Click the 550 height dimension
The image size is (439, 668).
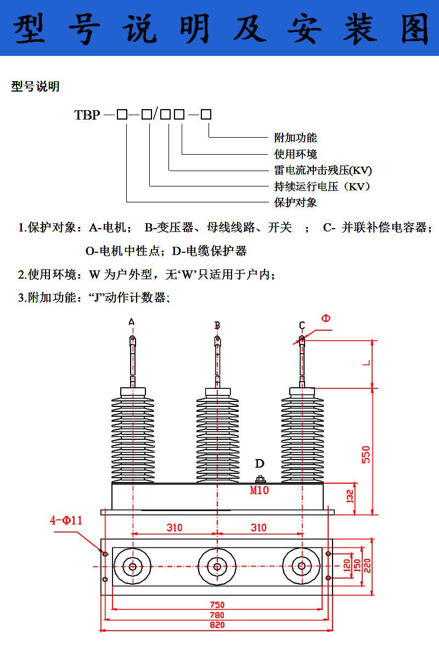[367, 454]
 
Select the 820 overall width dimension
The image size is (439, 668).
[217, 625]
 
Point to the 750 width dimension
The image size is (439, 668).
[217, 605]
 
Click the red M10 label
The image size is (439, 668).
[260, 490]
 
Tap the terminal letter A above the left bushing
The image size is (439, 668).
[131, 322]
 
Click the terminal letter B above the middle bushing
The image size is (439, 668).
[217, 326]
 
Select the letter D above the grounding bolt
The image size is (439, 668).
[260, 464]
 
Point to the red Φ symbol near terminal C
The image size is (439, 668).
[326, 318]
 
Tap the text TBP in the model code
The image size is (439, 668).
[87, 115]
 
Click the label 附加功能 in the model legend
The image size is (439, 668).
[296, 138]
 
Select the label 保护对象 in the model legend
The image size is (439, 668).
[296, 202]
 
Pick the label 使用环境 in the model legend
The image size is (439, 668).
[296, 154]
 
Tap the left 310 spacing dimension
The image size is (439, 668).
[175, 528]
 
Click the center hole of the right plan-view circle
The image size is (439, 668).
[301, 567]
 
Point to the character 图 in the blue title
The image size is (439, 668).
[415, 29]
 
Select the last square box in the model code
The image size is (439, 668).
[206, 115]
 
